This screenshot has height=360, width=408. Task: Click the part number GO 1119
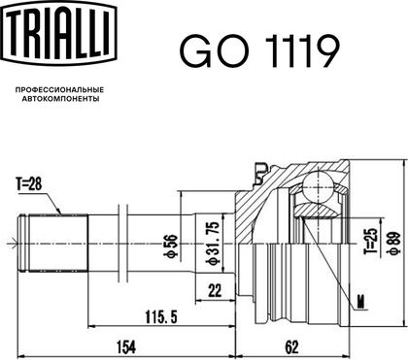(x=259, y=51)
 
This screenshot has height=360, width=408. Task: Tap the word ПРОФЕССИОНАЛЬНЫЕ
(x=59, y=89)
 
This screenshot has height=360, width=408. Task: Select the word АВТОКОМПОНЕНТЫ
(x=61, y=99)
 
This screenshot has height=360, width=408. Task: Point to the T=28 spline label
(x=29, y=184)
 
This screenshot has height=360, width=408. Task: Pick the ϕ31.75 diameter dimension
(x=213, y=244)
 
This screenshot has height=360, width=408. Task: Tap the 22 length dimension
(x=215, y=291)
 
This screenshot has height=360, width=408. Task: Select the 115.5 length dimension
(x=161, y=317)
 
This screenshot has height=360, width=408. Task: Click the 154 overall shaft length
(x=126, y=347)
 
